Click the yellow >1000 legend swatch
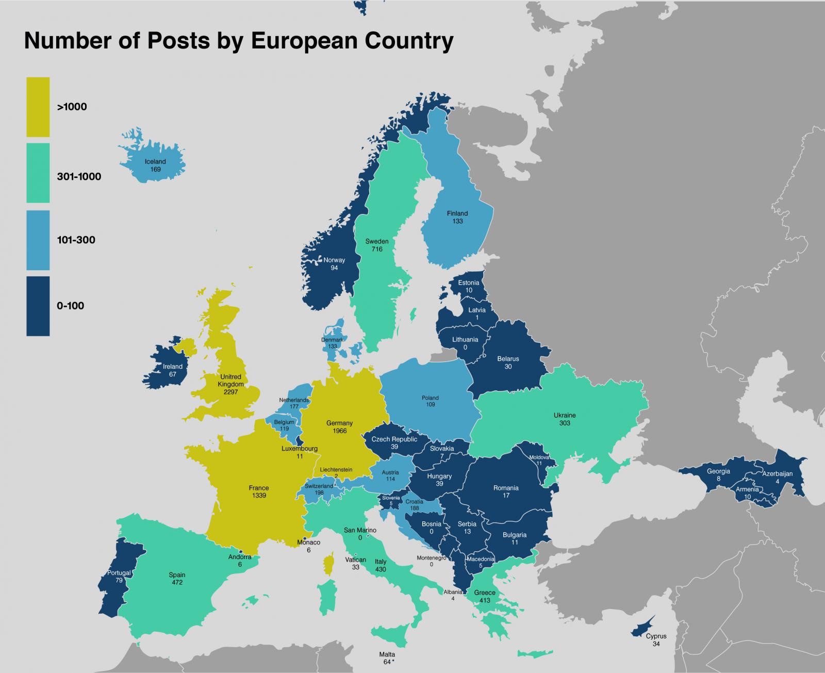[x=38, y=107]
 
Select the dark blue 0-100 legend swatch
[x=38, y=306]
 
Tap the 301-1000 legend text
[x=79, y=177]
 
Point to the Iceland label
[x=155, y=161]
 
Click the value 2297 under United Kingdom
[x=230, y=392]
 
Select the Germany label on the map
[x=339, y=423]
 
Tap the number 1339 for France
[x=258, y=496]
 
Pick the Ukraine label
[x=565, y=415]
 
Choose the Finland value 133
[x=457, y=221]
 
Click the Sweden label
[x=377, y=241]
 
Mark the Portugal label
[x=119, y=573]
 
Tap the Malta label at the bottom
[x=387, y=654]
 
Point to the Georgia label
[x=718, y=471]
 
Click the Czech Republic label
[x=394, y=439]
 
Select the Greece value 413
[x=484, y=600]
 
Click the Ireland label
[x=173, y=367]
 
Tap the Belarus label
[x=508, y=359]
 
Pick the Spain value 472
[x=177, y=582]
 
